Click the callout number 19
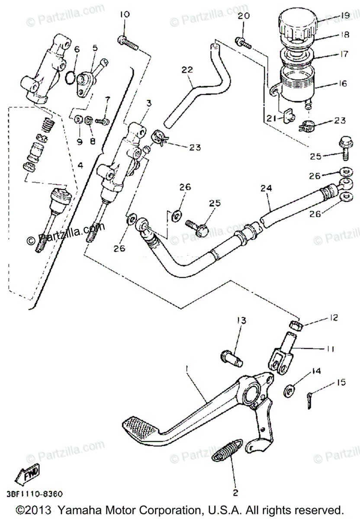coord(344,16)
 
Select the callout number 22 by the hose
coord(187,69)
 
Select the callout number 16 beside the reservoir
coord(343,83)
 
